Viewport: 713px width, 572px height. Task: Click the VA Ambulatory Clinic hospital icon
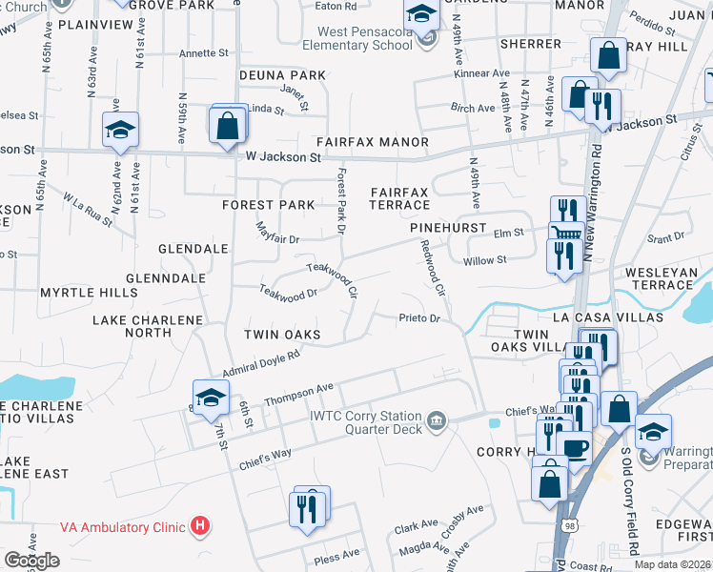[x=199, y=525]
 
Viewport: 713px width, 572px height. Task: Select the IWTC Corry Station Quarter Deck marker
[x=437, y=420]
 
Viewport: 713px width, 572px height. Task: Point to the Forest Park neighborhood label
[x=268, y=205]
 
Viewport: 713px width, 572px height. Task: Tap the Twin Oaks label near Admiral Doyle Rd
[x=281, y=335]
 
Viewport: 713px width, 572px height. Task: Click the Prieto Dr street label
[x=419, y=318]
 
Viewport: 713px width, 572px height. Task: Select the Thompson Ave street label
[x=298, y=393]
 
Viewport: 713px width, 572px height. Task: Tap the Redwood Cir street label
[x=434, y=267]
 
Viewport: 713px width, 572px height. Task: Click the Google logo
[x=31, y=561]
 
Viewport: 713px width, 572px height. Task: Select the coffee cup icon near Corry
[x=575, y=446]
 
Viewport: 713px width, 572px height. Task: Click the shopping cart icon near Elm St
[x=566, y=235]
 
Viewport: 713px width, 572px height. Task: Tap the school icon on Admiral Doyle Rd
[x=211, y=397]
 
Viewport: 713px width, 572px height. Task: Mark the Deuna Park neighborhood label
[x=282, y=75]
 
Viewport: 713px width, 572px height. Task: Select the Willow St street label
[x=484, y=260]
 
